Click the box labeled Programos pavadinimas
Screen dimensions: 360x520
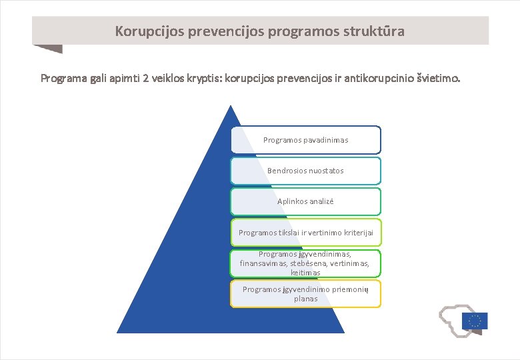(306, 140)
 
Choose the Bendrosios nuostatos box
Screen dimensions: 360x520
(306, 171)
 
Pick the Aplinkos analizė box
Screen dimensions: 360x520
(306, 201)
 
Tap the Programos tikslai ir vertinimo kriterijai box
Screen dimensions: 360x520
(306, 232)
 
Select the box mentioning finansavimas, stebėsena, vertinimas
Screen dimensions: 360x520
(306, 263)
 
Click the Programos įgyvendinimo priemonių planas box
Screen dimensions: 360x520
(306, 293)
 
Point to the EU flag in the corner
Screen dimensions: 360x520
(474, 321)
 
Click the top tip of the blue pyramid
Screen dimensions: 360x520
(230, 107)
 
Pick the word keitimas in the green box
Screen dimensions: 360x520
(305, 273)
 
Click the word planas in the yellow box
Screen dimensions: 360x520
(305, 299)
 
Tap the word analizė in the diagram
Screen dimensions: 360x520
(321, 201)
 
